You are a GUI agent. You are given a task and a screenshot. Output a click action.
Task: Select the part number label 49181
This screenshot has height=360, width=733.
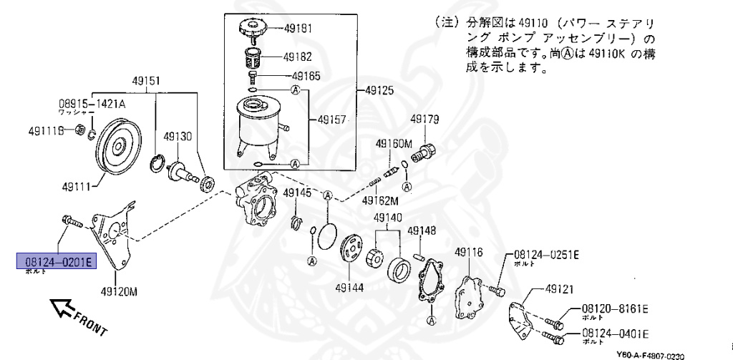(298, 29)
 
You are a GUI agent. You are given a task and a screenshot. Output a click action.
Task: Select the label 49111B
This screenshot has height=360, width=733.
(47, 130)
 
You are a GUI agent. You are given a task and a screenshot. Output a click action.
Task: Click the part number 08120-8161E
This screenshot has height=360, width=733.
(614, 308)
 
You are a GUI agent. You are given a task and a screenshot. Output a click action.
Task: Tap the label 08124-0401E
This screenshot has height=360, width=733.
(614, 333)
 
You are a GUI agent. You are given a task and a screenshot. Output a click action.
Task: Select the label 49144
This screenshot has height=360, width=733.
(349, 288)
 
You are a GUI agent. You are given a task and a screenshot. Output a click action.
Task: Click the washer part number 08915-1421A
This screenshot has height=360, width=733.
(92, 104)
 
